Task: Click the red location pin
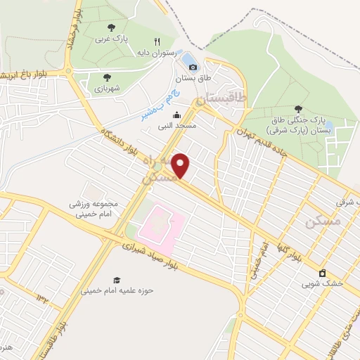pos(181,166)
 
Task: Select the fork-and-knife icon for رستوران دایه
pos(157,41)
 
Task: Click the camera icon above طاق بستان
pos(193,67)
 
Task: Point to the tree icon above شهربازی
pos(107,77)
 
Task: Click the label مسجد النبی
pos(177,125)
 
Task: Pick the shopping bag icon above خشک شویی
pos(323,272)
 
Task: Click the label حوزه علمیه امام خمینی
pos(117,290)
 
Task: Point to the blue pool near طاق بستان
pos(188,56)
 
